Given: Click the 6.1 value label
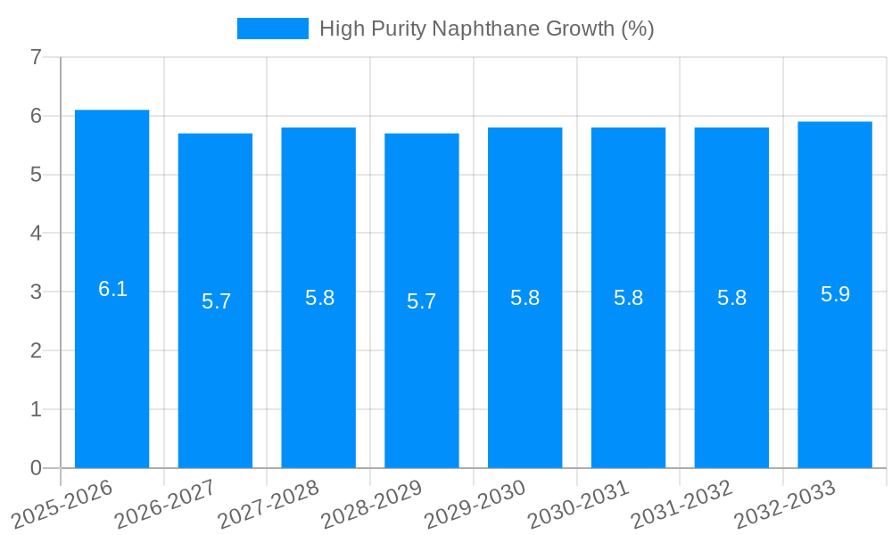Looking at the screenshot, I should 113,289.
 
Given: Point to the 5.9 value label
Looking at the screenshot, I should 836,294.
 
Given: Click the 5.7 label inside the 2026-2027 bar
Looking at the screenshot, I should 217,301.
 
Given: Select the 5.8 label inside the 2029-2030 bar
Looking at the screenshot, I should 525,298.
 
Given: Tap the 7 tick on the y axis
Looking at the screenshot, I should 36,58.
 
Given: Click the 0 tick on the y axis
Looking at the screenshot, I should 36,468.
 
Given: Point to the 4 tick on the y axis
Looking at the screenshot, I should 36,234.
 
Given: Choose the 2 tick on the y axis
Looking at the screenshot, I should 36,351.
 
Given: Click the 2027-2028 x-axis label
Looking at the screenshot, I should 268,505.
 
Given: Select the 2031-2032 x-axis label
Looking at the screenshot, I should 682,505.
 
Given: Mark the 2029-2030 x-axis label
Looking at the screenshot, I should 475,505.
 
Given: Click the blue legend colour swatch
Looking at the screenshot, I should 272,29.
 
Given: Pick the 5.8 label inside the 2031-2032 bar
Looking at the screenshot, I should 732,298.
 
